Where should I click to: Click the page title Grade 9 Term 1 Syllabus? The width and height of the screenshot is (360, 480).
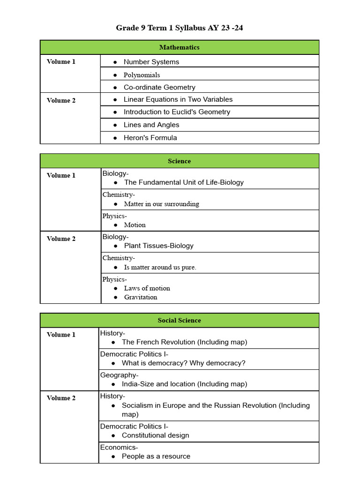179,28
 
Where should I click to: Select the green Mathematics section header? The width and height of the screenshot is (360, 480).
179,47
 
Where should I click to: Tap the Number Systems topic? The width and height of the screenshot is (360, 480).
151,62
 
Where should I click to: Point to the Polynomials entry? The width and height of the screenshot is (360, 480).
142,75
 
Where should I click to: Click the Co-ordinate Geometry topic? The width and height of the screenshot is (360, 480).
159,87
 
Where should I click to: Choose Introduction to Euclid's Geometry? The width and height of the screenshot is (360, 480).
177,112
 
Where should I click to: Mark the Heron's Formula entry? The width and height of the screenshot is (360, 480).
150,138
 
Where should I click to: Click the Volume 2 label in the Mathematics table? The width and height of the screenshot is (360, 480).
61,100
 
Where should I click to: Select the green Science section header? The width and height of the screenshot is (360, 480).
179,161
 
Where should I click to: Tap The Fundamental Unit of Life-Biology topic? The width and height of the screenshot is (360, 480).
184,182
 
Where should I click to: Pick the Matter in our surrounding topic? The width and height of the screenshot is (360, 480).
161,204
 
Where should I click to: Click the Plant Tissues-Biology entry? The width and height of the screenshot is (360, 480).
158,246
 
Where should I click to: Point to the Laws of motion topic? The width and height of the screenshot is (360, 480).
147,288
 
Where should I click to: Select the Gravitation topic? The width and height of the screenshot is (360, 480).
141,297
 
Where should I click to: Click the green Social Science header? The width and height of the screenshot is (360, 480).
179,321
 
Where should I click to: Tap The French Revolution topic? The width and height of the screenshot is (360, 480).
184,342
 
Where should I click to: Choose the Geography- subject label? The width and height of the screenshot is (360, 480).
119,375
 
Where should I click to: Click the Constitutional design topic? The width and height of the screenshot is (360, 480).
155,435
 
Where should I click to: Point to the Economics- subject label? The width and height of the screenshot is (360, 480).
119,447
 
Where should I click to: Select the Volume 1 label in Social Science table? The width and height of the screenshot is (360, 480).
61,335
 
